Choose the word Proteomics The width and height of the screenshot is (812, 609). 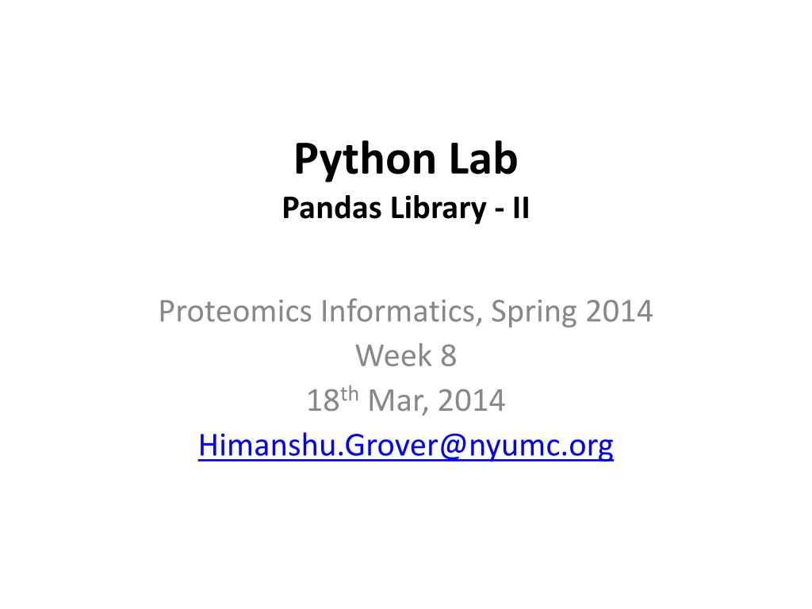point(236,312)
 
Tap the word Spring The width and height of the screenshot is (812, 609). point(536,312)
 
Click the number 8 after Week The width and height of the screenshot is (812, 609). point(449,357)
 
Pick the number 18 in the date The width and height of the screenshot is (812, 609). point(322,401)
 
